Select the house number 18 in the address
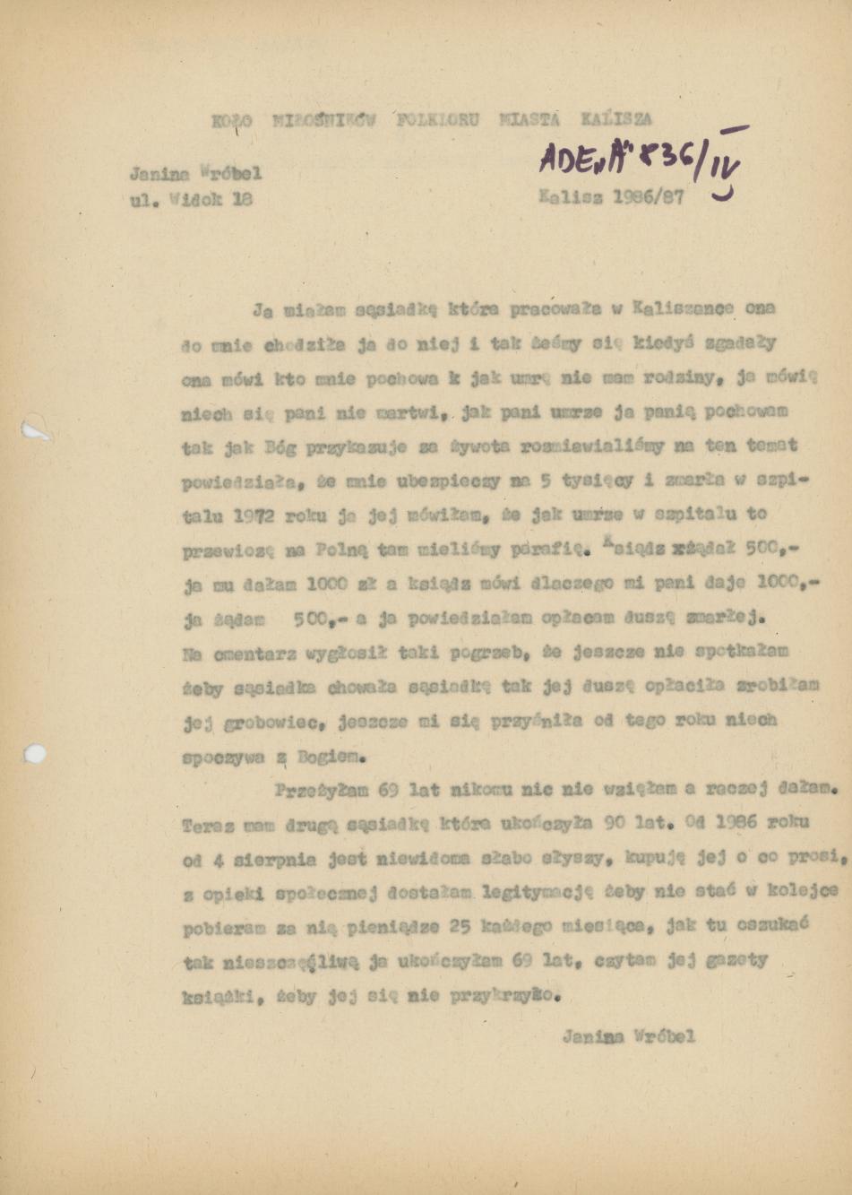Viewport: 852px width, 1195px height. click(241, 200)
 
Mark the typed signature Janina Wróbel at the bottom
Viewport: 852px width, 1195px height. click(628, 1037)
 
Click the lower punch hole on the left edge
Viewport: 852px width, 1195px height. click(35, 753)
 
